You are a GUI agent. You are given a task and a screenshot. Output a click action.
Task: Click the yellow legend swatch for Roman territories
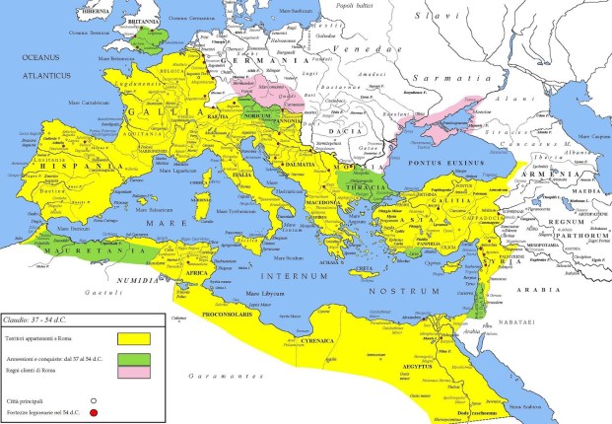(132, 338)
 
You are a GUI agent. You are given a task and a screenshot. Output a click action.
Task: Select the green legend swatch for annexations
(132, 356)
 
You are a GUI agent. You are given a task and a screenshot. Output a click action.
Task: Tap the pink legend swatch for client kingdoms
(132, 373)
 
